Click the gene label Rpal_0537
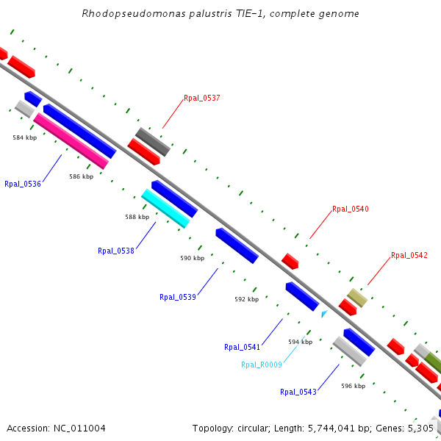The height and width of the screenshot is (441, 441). [x=201, y=98]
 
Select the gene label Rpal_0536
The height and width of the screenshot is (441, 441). [x=22, y=184]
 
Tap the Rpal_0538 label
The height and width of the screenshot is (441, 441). [x=115, y=251]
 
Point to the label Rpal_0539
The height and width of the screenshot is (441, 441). [x=177, y=298]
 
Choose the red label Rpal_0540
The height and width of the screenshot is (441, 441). [x=350, y=209]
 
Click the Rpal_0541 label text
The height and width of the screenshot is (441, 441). [x=242, y=347]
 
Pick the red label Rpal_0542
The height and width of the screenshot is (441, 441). [x=409, y=255]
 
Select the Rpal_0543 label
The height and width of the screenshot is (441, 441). [x=298, y=392]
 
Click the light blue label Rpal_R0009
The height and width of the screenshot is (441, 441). [x=261, y=365]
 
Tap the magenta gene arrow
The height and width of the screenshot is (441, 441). [x=71, y=140]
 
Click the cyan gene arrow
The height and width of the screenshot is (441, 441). [x=165, y=208]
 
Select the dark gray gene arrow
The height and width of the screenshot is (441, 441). [x=152, y=141]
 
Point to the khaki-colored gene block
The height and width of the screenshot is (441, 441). [x=357, y=298]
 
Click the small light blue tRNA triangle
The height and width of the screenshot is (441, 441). [x=324, y=314]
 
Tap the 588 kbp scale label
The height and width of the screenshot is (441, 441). [x=137, y=217]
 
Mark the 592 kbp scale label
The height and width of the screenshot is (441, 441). [x=246, y=299]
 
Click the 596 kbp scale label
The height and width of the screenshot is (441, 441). [x=353, y=386]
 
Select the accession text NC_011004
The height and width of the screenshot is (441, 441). [x=79, y=428]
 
